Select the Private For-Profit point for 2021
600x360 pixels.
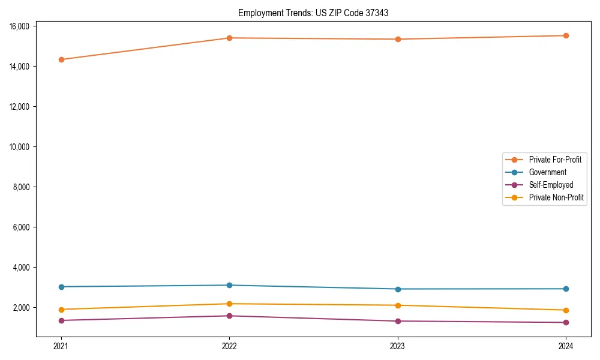(x=61, y=59)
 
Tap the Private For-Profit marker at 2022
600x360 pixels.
(x=229, y=38)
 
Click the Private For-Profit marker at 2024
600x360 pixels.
(x=566, y=35)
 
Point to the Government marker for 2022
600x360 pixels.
(x=229, y=285)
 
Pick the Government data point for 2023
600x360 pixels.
(x=398, y=289)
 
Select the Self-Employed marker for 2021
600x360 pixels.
(x=61, y=320)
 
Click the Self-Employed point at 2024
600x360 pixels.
(x=566, y=323)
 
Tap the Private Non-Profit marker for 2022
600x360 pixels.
(x=229, y=304)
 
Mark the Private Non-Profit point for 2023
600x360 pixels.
(x=398, y=305)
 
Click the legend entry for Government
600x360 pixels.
(x=547, y=172)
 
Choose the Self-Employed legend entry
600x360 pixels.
(x=551, y=185)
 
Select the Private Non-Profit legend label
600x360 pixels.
(x=556, y=197)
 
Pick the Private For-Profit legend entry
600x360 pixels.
(x=555, y=160)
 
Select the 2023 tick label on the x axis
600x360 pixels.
(x=398, y=346)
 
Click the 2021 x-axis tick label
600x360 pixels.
(x=61, y=346)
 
